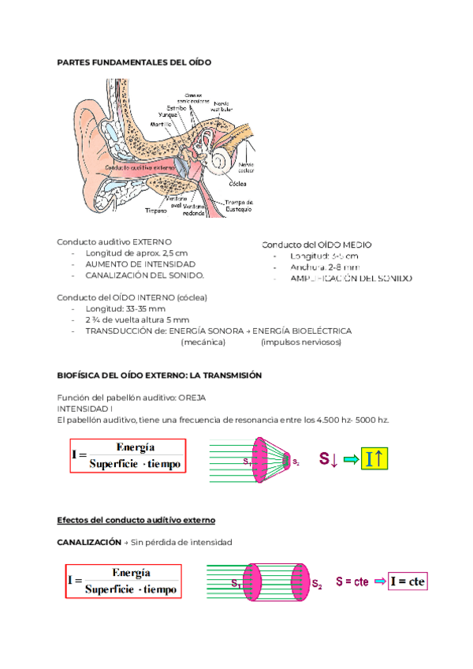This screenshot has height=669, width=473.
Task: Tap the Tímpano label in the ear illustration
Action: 156,211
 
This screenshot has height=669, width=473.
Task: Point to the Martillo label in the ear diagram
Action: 161,124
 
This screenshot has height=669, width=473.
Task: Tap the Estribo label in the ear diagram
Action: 176,108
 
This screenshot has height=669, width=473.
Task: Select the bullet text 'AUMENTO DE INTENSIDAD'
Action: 140,263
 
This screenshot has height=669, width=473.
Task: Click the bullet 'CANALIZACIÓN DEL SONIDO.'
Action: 144,275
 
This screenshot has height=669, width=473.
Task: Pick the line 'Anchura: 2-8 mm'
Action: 323,267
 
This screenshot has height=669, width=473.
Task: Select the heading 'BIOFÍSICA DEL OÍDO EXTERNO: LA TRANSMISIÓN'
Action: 159,376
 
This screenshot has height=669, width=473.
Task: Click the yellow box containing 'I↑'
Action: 374,459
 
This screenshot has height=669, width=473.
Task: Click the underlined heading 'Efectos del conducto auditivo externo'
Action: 136,521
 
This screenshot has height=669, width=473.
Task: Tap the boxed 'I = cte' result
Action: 408,582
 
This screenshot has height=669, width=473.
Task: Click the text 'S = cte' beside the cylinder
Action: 352,582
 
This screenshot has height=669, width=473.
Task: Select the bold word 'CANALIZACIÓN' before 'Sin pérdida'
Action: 89,543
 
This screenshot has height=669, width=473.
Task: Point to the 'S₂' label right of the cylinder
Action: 317,585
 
